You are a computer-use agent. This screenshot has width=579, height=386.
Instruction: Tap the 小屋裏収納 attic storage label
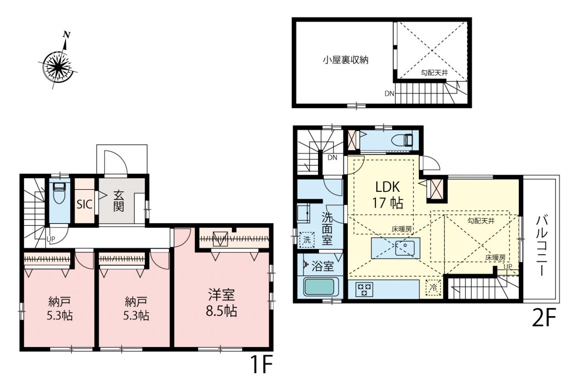(346, 60)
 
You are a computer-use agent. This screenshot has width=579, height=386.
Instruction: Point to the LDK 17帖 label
(388, 195)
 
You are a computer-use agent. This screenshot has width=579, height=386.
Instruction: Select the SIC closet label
(85, 204)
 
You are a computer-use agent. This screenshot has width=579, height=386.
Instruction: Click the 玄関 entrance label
(119, 201)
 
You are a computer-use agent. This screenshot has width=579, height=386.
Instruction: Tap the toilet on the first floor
(60, 193)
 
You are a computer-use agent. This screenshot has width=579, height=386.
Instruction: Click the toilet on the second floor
(402, 140)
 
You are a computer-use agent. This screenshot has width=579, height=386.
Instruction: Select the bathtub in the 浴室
(319, 286)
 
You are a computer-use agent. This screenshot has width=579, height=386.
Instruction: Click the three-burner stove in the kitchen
(365, 289)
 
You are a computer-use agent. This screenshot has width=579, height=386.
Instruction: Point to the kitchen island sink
(405, 248)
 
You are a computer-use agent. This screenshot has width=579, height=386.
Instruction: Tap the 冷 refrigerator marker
(433, 287)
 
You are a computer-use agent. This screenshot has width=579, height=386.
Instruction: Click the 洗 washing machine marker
(307, 240)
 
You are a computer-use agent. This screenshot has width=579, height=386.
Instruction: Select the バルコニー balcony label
(542, 246)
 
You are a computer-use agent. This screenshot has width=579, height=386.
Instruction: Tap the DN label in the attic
(389, 94)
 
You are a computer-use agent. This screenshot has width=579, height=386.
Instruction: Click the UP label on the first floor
(51, 239)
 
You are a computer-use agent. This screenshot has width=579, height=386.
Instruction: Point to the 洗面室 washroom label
(327, 229)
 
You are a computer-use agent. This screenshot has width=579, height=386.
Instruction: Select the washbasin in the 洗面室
(304, 213)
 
